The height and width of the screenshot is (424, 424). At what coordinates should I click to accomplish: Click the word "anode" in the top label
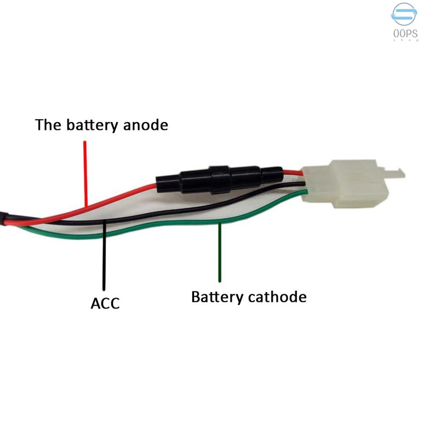pyautogui.click(x=145, y=125)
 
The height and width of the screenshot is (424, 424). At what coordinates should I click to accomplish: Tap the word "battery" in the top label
pyautogui.click(x=92, y=125)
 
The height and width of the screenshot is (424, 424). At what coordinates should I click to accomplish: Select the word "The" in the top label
pyautogui.click(x=48, y=125)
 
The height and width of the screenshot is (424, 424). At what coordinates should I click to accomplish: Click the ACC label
pyautogui.click(x=105, y=304)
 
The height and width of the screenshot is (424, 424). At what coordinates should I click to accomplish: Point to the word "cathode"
pyautogui.click(x=277, y=297)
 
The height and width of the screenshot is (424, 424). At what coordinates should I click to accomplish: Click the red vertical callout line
pyautogui.click(x=85, y=174)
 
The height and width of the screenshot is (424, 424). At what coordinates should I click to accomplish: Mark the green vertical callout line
pyautogui.click(x=220, y=252)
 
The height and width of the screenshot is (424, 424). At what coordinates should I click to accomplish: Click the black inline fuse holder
pyautogui.click(x=220, y=179)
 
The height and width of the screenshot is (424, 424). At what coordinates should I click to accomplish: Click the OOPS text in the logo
pyautogui.click(x=405, y=34)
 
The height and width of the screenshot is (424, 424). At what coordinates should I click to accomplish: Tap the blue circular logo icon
pyautogui.click(x=404, y=14)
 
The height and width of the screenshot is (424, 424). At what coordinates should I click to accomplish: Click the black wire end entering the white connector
pyautogui.click(x=303, y=184)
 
